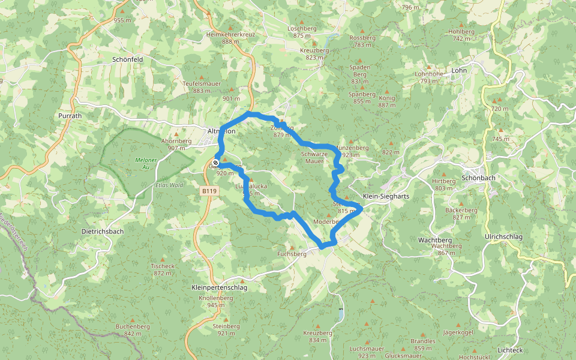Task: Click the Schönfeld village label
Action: [x=127, y=59]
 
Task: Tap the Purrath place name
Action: [x=70, y=115]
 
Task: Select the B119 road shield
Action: [x=208, y=191]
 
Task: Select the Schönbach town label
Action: [x=478, y=178]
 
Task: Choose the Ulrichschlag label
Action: [x=503, y=237]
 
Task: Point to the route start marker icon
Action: [x=215, y=162]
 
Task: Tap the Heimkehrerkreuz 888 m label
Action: [x=230, y=38]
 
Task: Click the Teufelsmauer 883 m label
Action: [x=202, y=87]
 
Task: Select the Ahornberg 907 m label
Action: [x=176, y=144]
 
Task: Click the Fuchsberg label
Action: [x=292, y=254]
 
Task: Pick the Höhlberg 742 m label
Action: [x=462, y=35]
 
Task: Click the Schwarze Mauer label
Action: [x=314, y=157]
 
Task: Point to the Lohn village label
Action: [x=459, y=70]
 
